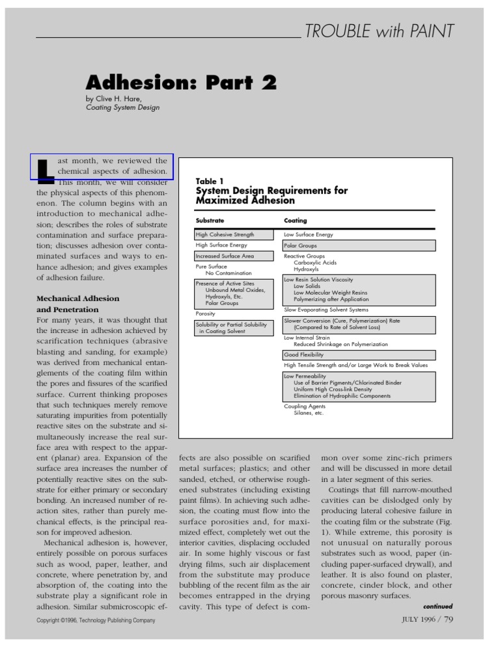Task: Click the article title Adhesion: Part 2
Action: click(182, 83)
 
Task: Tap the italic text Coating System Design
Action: click(122, 108)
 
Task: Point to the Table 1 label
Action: click(209, 181)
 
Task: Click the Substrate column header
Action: click(210, 220)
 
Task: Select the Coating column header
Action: click(295, 220)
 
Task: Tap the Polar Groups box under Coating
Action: click(359, 246)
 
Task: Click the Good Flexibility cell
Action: click(359, 355)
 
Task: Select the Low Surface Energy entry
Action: click(309, 234)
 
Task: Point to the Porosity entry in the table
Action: click(205, 313)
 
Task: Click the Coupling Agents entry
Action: click(304, 406)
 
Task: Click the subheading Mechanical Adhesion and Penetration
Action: click(77, 304)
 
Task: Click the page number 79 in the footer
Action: click(448, 619)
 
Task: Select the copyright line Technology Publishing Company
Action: click(96, 620)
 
